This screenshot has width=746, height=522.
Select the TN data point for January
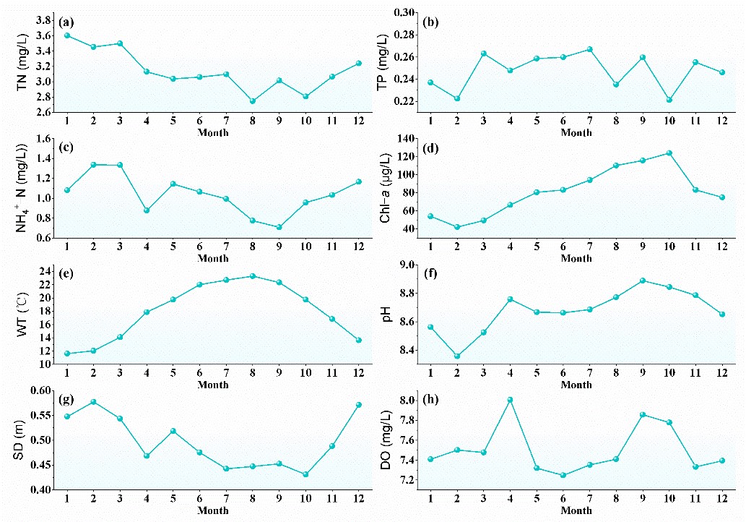point(67,35)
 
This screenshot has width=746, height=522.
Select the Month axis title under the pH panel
point(576,385)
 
